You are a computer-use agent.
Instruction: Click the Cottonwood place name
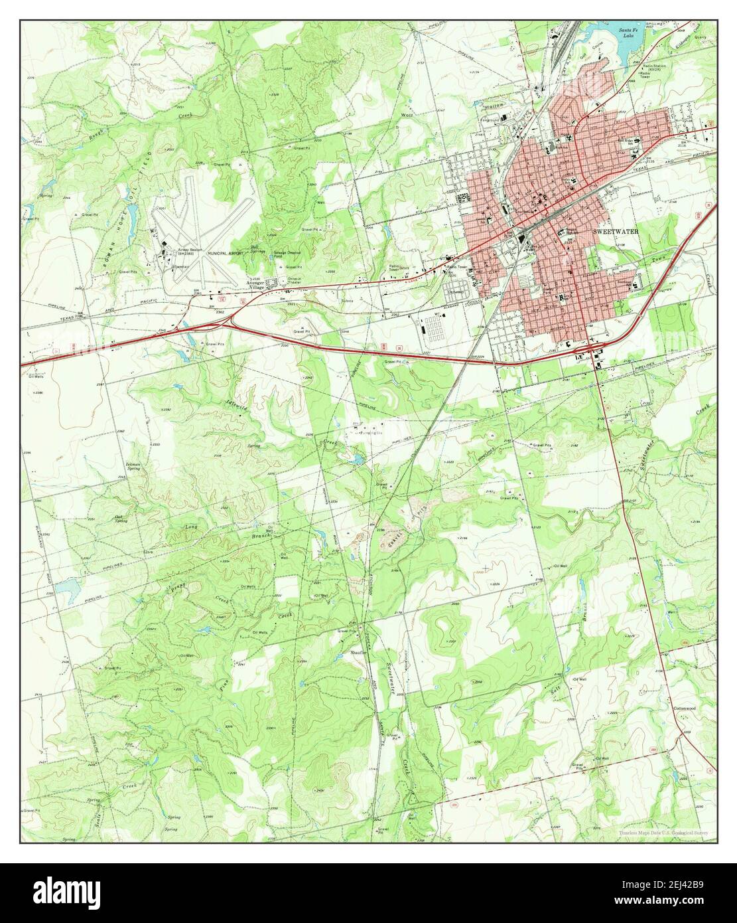(x=684, y=708)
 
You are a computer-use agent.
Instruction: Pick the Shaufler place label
(x=359, y=653)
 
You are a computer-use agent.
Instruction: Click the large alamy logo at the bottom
(x=368, y=893)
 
